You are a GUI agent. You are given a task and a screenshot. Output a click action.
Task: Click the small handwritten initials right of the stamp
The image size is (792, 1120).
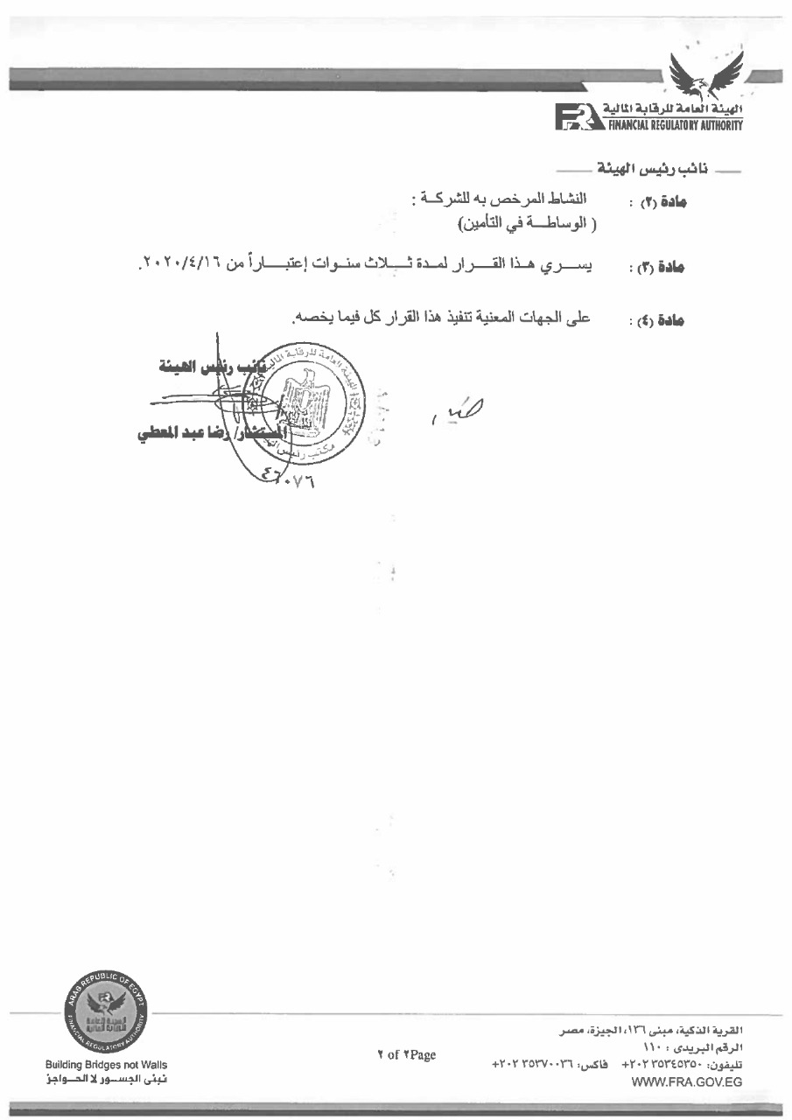tap(454, 407)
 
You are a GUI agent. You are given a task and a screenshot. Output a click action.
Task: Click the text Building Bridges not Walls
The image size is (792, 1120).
tap(107, 1065)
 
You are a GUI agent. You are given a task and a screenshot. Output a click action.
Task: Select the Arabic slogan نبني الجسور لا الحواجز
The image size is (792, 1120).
tap(107, 1080)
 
